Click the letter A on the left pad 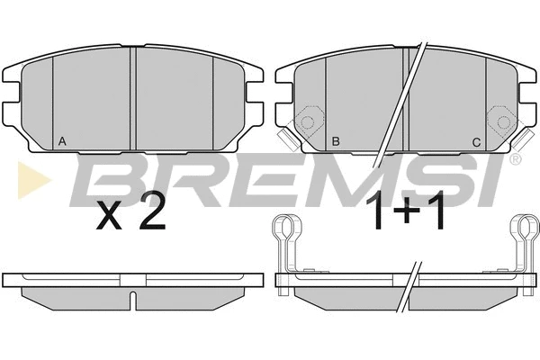tap(62, 141)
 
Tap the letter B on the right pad tap(336, 141)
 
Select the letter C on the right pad tap(476, 142)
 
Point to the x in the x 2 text tap(109, 218)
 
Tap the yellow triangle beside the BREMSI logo tap(34, 179)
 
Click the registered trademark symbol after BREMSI tap(514, 158)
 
